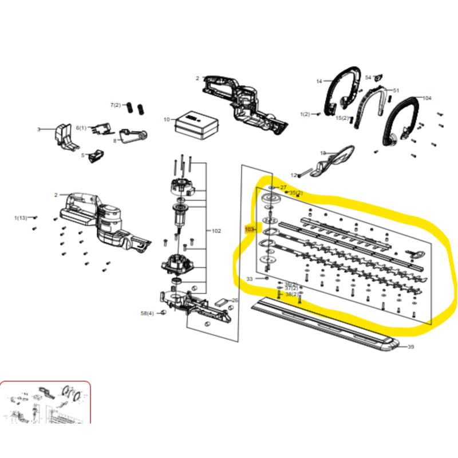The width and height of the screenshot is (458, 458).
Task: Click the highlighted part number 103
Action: [249, 230]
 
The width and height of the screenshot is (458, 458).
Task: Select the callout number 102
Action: [216, 231]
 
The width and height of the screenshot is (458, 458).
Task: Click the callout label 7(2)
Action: [116, 105]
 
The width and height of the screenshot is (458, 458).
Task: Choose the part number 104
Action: [427, 98]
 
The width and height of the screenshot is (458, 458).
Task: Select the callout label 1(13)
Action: [21, 218]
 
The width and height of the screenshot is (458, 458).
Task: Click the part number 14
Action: [319, 81]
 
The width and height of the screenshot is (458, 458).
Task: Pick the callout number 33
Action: [250, 279]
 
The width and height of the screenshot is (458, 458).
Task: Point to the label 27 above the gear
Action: [283, 187]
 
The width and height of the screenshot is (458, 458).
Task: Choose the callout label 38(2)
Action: [291, 294]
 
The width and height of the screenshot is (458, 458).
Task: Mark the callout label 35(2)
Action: [296, 193]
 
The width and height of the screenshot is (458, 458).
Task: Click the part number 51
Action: [396, 90]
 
